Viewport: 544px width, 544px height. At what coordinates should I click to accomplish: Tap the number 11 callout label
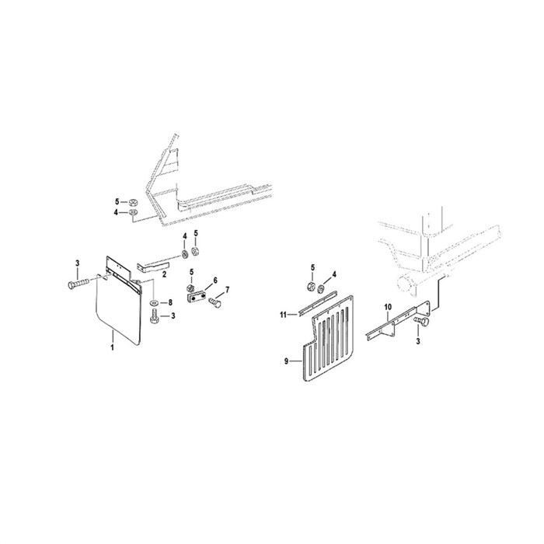[x=284, y=315]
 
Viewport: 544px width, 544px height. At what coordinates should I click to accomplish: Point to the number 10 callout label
[x=388, y=307]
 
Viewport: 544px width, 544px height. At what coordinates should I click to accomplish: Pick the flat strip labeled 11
[x=317, y=303]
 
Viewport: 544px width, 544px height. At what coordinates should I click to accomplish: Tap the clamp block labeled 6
[x=197, y=298]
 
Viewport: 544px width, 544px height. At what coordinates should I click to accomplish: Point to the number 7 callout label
[x=228, y=289]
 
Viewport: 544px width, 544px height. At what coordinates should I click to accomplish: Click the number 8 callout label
[x=170, y=303]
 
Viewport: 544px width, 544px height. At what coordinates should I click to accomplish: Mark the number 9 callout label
[x=286, y=361]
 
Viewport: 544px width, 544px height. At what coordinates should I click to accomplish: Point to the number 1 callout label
[x=113, y=347]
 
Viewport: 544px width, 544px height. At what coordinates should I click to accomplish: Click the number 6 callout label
[x=215, y=280]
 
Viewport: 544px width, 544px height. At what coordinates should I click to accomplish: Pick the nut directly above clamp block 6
[x=190, y=288]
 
